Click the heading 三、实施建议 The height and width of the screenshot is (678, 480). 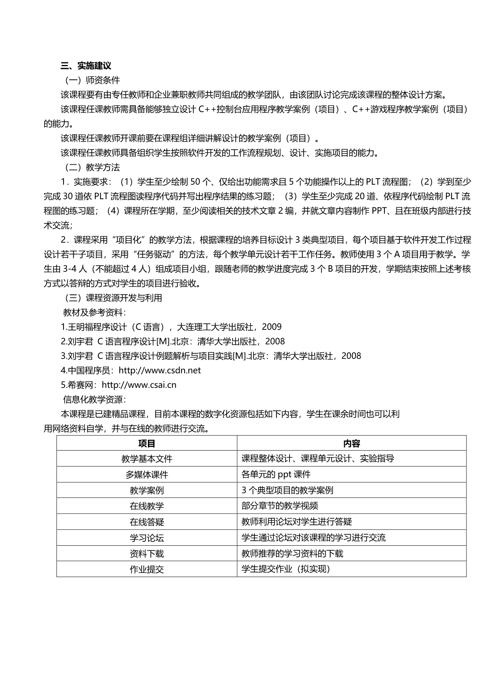(x=86, y=66)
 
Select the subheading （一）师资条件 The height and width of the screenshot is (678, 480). (x=92, y=80)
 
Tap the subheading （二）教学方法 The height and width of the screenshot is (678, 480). (x=92, y=167)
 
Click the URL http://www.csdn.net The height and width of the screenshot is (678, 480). (x=159, y=371)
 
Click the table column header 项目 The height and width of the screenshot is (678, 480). (x=147, y=443)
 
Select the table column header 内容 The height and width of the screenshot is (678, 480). (x=351, y=443)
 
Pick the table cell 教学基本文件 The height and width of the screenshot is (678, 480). (x=147, y=459)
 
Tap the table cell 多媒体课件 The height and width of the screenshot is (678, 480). (x=147, y=475)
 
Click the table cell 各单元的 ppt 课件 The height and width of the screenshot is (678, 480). (x=276, y=475)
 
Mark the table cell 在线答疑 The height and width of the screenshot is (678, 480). (x=147, y=522)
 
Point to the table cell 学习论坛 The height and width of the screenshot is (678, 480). (x=147, y=538)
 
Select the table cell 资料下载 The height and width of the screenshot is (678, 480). (x=147, y=553)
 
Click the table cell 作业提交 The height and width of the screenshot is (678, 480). (x=147, y=569)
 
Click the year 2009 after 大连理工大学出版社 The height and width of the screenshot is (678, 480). (x=272, y=327)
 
